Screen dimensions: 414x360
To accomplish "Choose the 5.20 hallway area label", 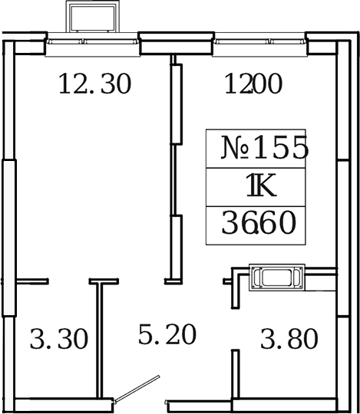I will (167, 334).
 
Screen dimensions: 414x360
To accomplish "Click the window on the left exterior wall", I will (9, 238).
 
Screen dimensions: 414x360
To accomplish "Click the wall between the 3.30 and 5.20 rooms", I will (99, 337).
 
